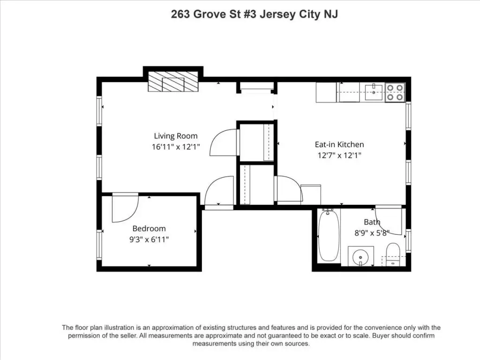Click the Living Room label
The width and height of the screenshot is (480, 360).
pyautogui.click(x=175, y=136)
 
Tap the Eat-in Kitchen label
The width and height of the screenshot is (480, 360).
pyautogui.click(x=339, y=144)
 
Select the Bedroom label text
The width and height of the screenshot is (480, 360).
pyautogui.click(x=149, y=228)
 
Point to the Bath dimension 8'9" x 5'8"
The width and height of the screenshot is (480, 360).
pyautogui.click(x=372, y=233)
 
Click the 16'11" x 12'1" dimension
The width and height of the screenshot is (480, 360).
pyautogui.click(x=176, y=147)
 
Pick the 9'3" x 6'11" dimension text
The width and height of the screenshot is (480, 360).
pyautogui.click(x=149, y=240)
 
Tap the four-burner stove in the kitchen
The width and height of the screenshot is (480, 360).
pyautogui.click(x=395, y=92)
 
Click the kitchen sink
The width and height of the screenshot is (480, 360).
pyautogui.click(x=374, y=93)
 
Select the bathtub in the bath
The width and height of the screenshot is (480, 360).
pyautogui.click(x=329, y=235)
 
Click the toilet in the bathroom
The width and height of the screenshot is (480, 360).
pyautogui.click(x=393, y=254)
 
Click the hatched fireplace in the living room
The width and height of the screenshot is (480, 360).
pyautogui.click(x=173, y=82)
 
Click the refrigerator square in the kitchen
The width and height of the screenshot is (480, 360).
pyautogui.click(x=326, y=92)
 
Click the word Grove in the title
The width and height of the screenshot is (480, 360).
pyautogui.click(x=210, y=15)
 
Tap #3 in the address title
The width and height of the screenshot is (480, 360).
pyautogui.click(x=249, y=15)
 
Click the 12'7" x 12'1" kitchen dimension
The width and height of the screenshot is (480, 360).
pyautogui.click(x=339, y=156)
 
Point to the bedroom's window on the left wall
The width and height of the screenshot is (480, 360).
pyautogui.click(x=99, y=245)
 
